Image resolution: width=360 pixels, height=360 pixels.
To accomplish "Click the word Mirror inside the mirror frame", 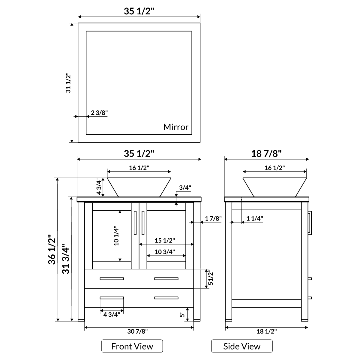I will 176,127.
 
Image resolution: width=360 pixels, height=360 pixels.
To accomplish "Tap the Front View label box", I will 132,346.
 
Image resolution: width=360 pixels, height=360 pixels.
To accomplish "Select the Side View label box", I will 242,346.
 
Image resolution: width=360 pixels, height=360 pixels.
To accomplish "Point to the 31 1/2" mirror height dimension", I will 68,82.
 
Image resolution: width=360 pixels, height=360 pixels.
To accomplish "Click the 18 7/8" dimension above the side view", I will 266,154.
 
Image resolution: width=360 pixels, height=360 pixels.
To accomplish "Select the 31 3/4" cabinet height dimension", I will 66,259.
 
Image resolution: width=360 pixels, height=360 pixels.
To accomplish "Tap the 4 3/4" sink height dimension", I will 99,187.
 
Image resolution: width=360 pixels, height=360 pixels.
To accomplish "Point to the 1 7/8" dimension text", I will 213,218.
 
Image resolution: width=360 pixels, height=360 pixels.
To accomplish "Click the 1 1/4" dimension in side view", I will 254,218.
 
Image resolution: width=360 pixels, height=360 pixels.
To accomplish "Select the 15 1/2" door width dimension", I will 165,240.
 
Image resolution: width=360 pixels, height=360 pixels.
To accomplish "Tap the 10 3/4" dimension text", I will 165,252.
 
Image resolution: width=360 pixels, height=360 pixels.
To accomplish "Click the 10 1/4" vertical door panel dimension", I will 116,235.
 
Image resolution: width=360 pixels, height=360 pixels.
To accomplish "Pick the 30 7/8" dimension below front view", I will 138,331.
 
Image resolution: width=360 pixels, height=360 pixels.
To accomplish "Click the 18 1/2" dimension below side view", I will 266,331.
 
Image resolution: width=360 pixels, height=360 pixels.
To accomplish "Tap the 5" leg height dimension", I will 181,314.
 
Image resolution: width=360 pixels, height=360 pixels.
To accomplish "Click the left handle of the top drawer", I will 112,279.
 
